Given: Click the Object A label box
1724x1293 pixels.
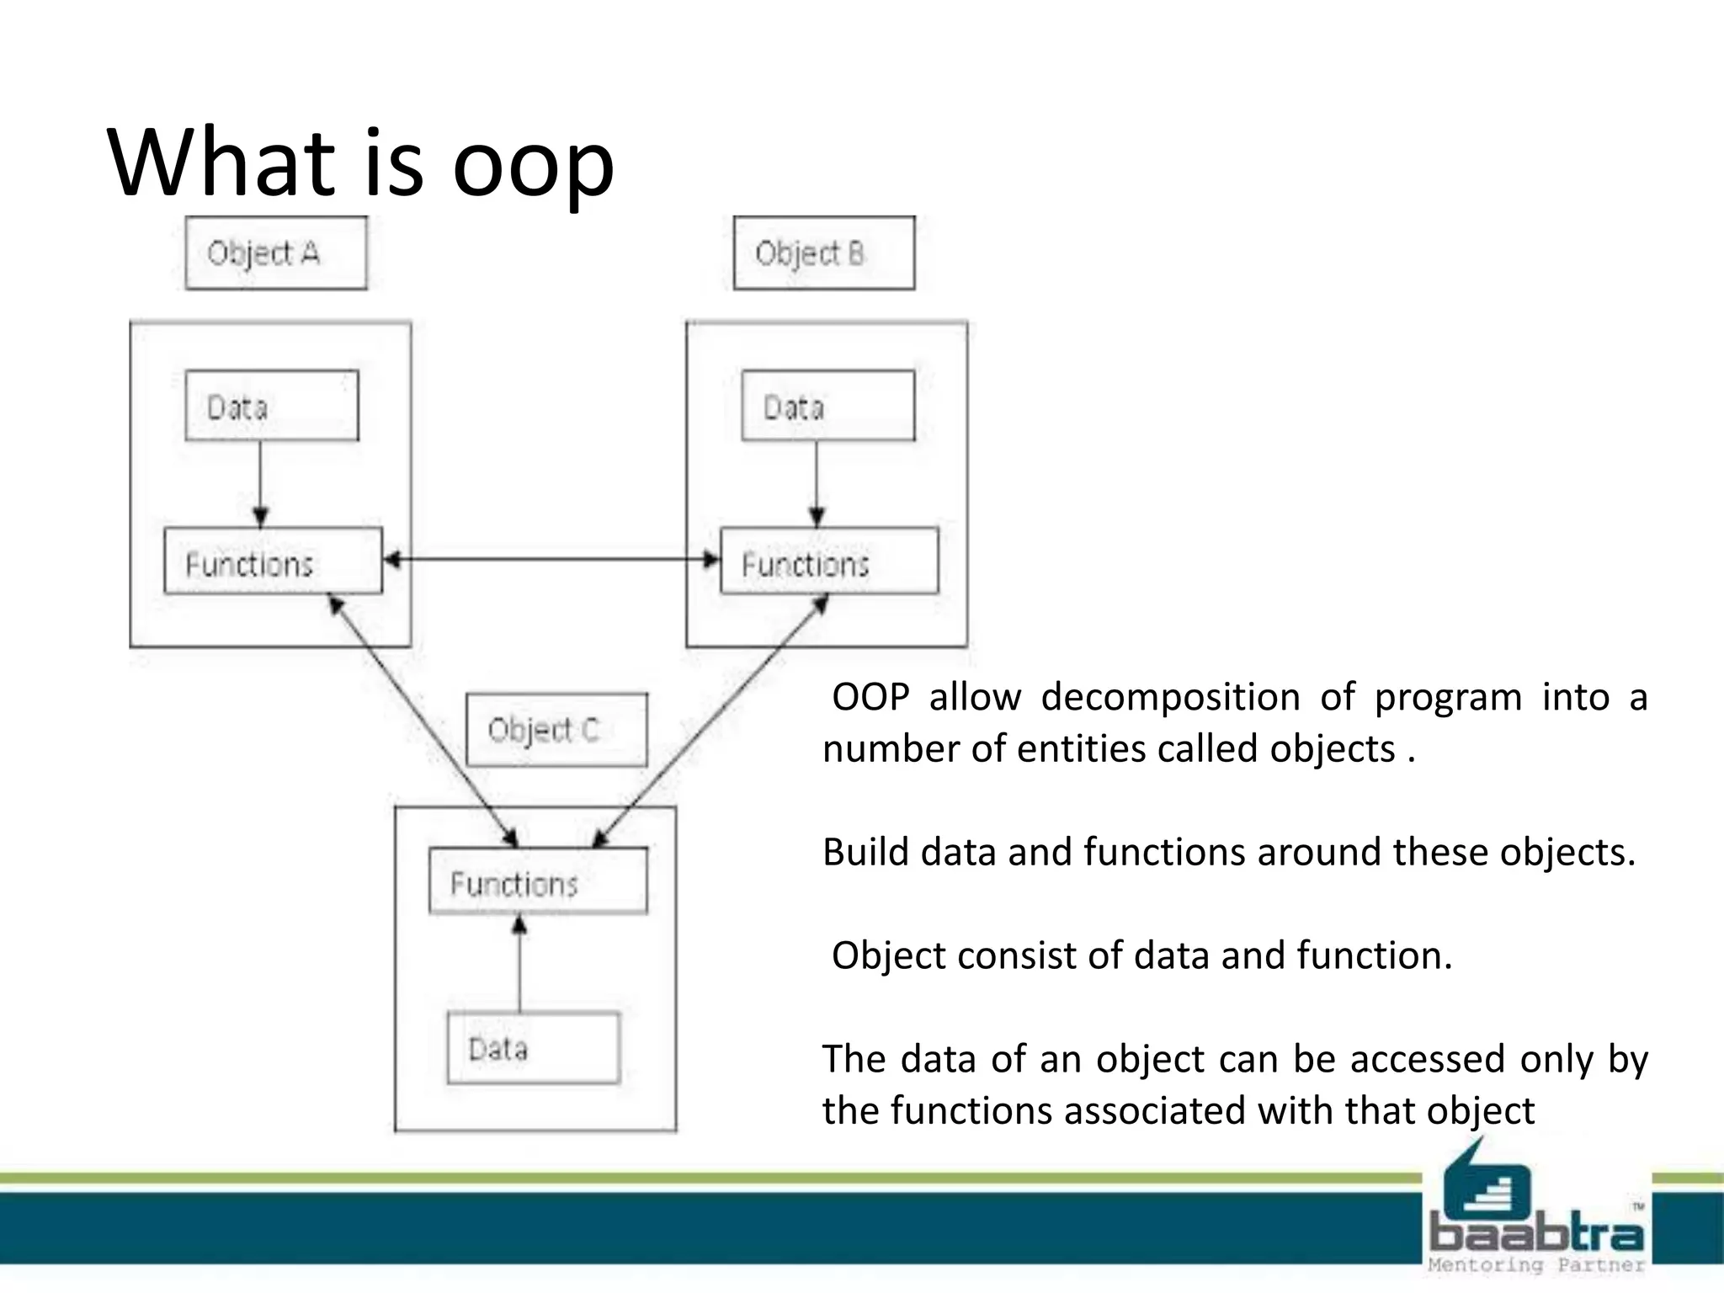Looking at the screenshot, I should click(x=276, y=253).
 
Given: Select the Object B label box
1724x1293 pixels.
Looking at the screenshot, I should click(x=823, y=253).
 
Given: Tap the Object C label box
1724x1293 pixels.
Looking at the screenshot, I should click(x=556, y=730).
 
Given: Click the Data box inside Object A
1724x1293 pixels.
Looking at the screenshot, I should click(x=272, y=406).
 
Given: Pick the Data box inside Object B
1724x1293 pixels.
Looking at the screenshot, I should click(x=827, y=406).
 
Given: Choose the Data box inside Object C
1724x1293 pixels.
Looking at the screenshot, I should click(x=533, y=1047).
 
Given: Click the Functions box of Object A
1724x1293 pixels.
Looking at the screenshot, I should click(x=273, y=561).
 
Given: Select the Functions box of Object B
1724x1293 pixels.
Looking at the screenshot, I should click(x=829, y=561).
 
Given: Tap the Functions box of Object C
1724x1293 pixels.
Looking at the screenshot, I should click(x=538, y=881).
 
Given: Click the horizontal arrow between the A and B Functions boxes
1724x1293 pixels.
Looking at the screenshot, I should click(x=551, y=559).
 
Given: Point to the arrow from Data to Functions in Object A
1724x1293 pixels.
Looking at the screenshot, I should click(x=260, y=484).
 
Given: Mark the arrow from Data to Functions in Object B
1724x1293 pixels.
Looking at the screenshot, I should click(x=817, y=484).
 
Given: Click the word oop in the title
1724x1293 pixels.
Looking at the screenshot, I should click(x=533, y=164).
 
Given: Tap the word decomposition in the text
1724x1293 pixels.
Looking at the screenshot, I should click(x=1170, y=697).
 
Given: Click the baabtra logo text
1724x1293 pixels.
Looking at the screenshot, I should click(x=1536, y=1234).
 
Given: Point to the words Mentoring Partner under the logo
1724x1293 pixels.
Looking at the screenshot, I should click(x=1536, y=1265).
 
